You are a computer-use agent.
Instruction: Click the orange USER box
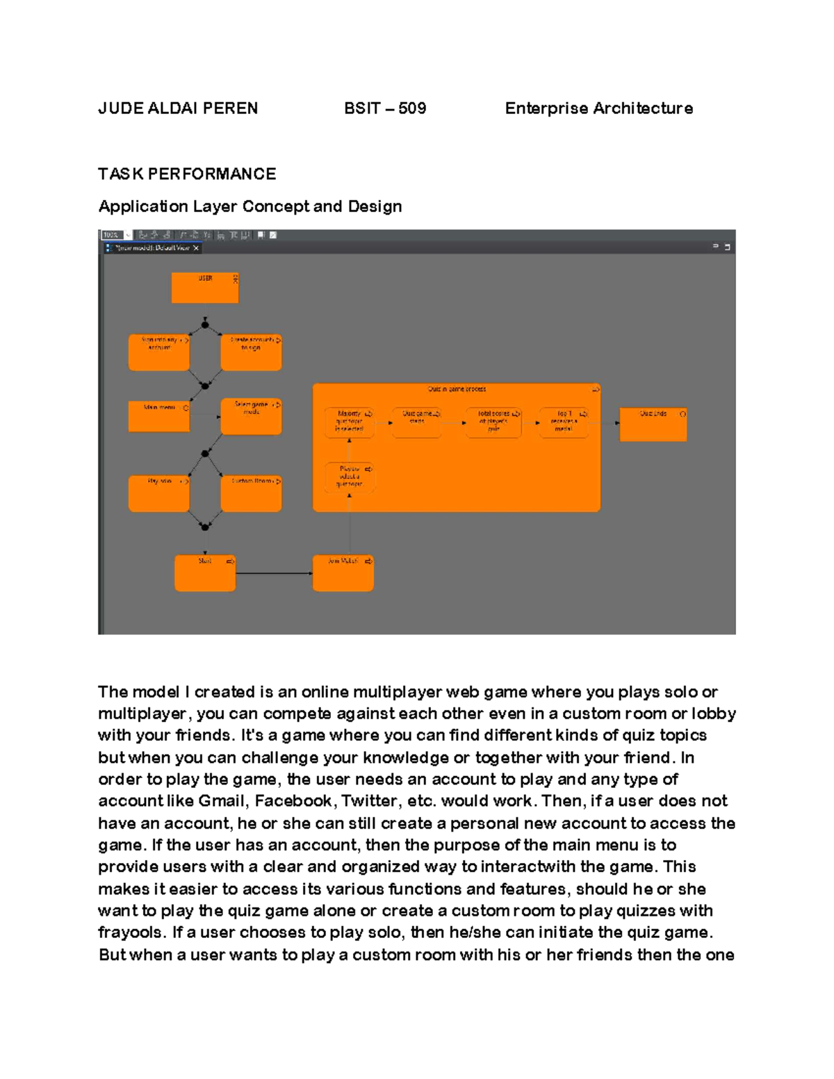click(205, 288)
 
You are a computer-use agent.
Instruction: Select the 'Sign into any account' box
click(159, 352)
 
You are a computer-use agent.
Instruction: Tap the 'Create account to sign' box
click(251, 352)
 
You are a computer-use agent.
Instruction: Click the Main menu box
click(159, 416)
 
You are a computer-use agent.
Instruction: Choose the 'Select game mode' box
click(251, 416)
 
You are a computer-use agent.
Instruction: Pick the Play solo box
click(159, 494)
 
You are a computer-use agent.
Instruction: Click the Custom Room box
click(251, 494)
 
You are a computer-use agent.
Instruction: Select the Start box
click(205, 573)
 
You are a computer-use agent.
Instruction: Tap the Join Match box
click(343, 573)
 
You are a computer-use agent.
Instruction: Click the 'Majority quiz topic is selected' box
click(349, 422)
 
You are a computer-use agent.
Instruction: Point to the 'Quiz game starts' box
click(417, 422)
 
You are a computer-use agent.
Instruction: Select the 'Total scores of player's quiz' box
click(493, 422)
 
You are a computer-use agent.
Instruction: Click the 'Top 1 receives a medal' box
click(564, 422)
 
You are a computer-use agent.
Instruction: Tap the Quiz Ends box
click(653, 425)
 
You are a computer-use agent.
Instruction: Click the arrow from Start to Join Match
click(274, 573)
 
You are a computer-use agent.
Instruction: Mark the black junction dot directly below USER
click(205, 324)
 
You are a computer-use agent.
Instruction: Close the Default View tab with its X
click(196, 248)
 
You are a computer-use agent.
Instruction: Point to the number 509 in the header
click(412, 108)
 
